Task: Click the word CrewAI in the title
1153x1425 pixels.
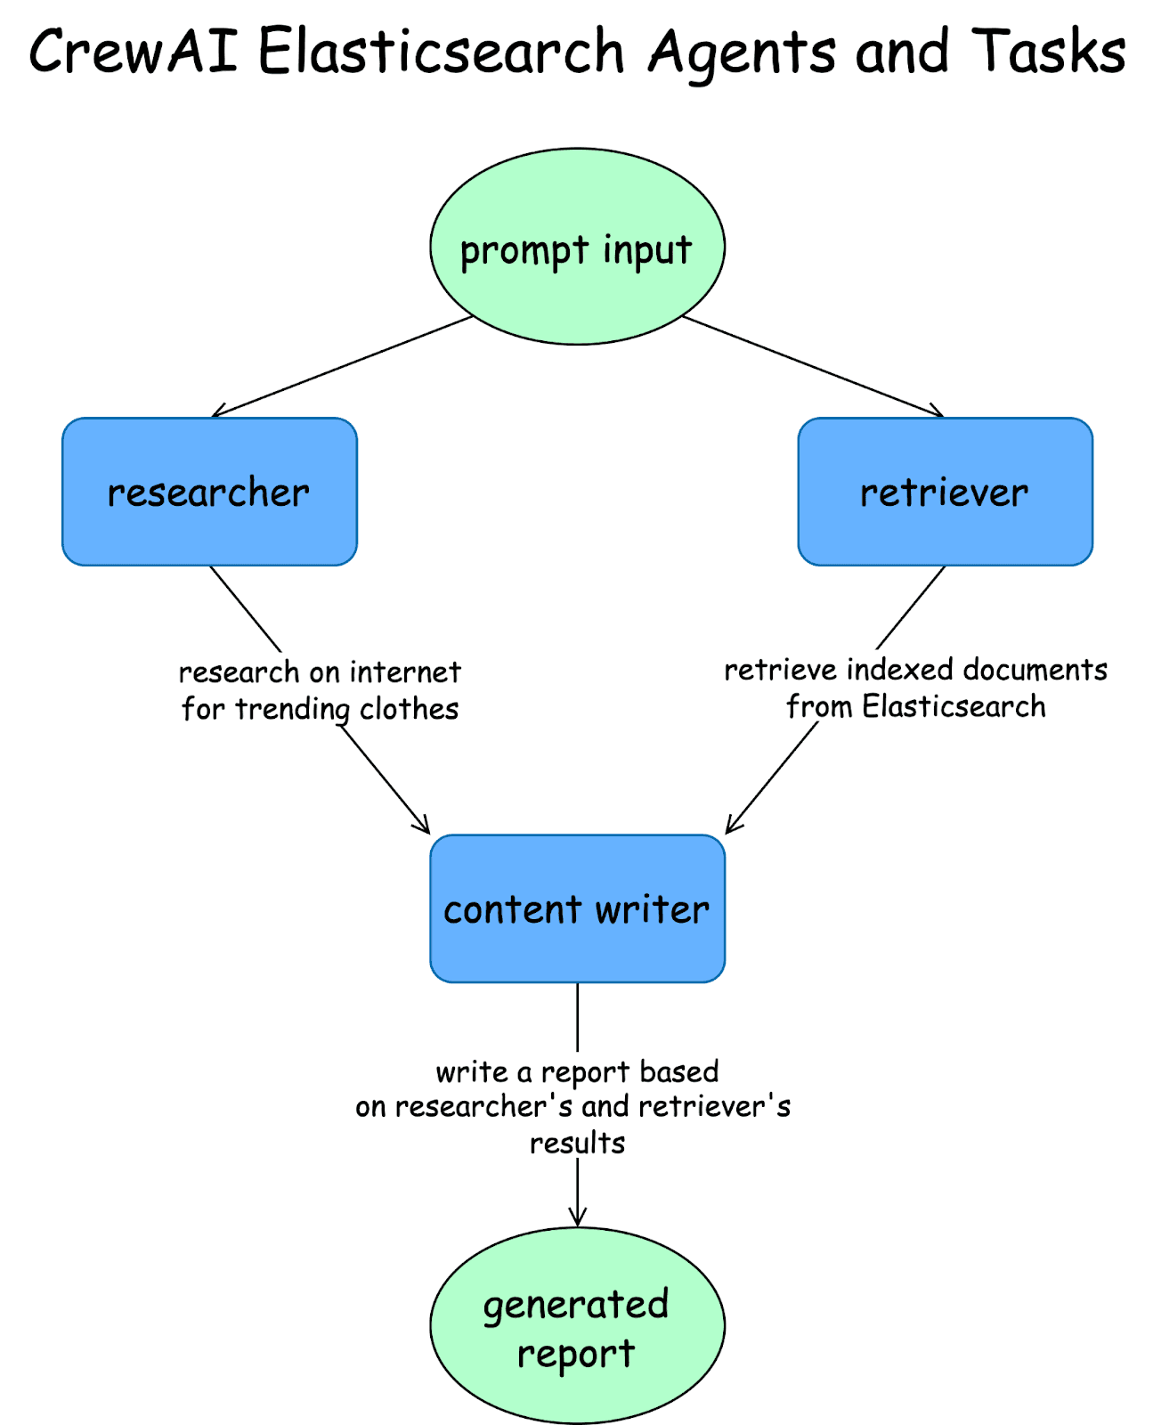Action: coord(134,52)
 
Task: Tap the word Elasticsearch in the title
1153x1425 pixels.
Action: coord(442,52)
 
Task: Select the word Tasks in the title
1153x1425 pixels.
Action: coord(1049,52)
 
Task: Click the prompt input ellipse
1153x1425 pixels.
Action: coord(577,247)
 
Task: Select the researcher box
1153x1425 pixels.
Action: coord(209,492)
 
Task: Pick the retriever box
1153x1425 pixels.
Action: coord(945,492)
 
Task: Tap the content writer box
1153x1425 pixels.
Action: coord(577,908)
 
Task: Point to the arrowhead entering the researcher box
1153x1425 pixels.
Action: coord(215,414)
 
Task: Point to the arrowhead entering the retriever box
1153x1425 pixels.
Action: coord(939,414)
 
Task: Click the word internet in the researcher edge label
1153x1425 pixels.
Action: coord(405,672)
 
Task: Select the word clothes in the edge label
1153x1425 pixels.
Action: coord(409,709)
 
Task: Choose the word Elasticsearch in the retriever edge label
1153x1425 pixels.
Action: coord(954,707)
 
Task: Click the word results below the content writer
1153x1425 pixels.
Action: coord(577,1143)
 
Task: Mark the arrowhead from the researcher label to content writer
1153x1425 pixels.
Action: coord(426,829)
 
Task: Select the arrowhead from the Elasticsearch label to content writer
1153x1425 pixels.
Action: coord(729,829)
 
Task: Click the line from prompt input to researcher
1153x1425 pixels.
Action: coord(343,365)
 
